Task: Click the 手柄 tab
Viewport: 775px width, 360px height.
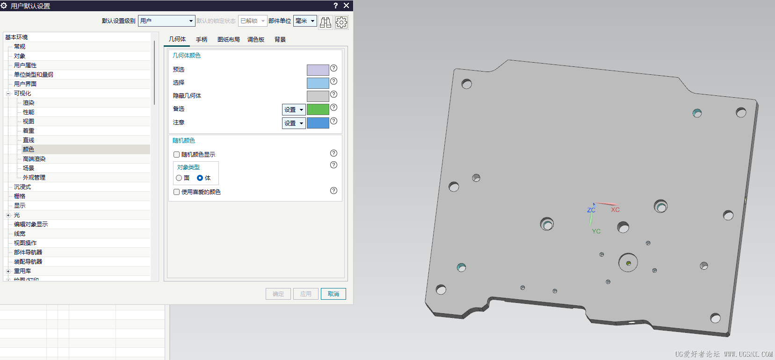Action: point(202,39)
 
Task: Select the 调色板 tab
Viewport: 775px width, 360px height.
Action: point(256,39)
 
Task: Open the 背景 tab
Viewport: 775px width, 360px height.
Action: point(280,39)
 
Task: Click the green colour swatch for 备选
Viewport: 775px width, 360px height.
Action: point(318,109)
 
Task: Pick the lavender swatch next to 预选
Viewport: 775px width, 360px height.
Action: point(318,70)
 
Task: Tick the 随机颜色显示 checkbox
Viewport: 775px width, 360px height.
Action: point(176,155)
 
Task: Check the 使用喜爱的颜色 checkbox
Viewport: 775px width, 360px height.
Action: point(176,192)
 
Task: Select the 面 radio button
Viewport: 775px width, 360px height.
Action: point(179,178)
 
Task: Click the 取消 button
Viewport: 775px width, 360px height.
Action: point(333,294)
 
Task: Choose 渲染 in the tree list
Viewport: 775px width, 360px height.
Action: point(29,103)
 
